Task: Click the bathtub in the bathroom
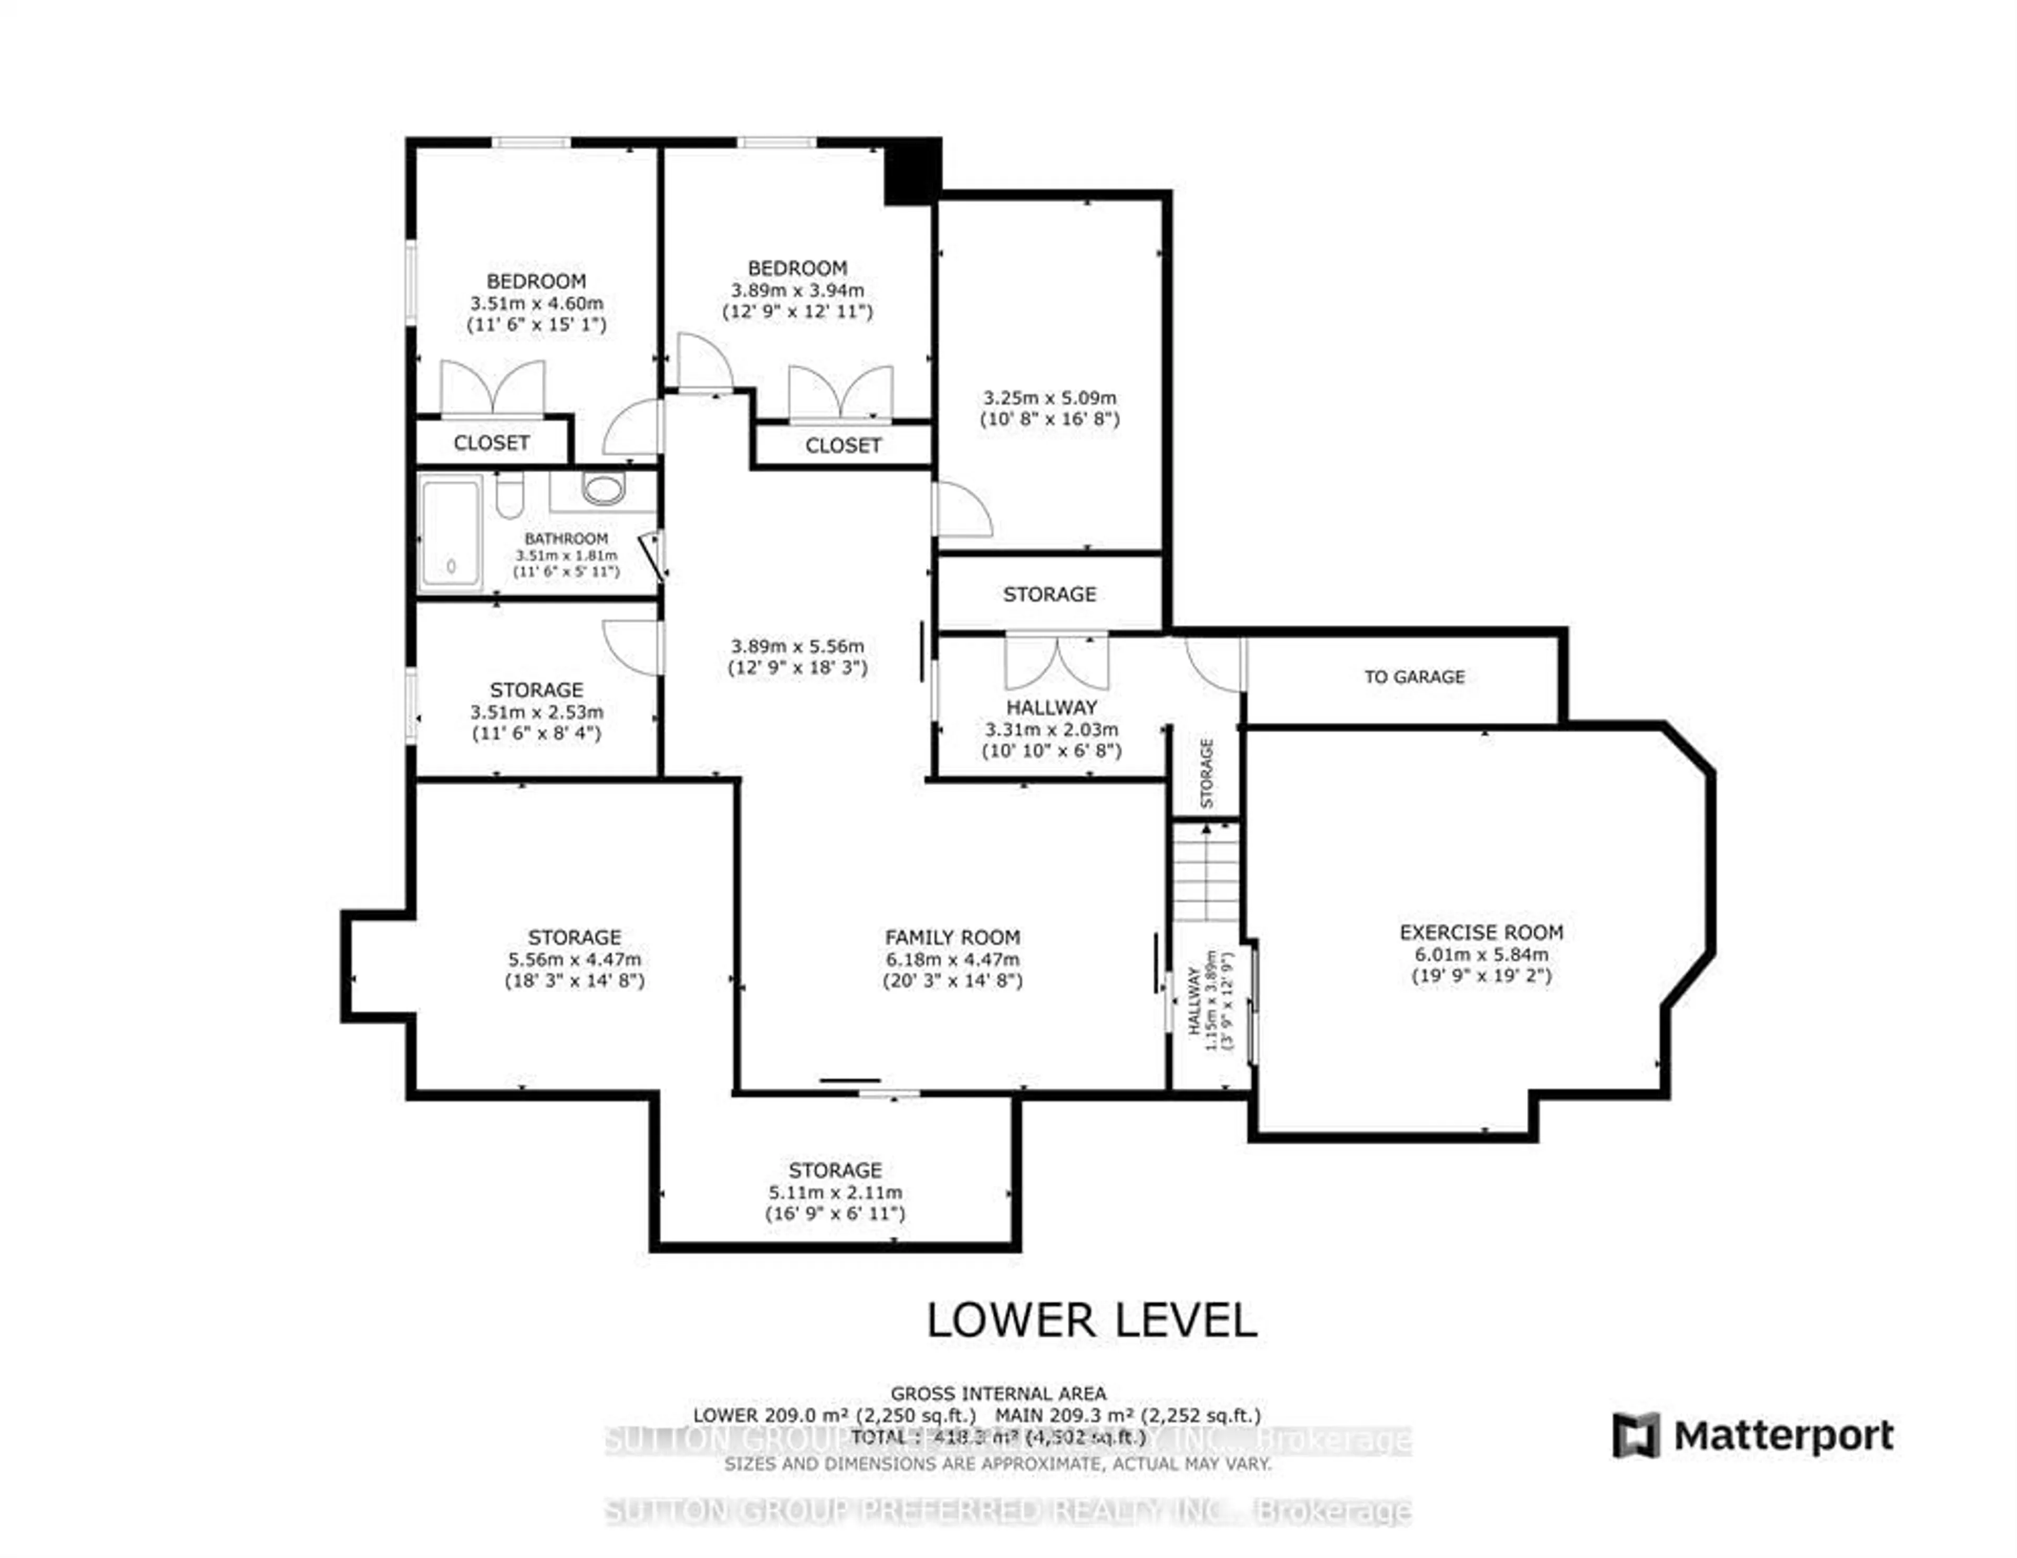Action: pyautogui.click(x=451, y=532)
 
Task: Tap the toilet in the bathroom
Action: pyautogui.click(x=509, y=496)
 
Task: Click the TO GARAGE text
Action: pyautogui.click(x=1414, y=677)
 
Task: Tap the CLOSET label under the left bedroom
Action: pyautogui.click(x=491, y=443)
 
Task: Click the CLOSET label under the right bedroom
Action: pyautogui.click(x=843, y=446)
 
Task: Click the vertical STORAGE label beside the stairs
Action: pyautogui.click(x=1206, y=773)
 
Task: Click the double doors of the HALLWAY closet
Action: pyautogui.click(x=1056, y=662)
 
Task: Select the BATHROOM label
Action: pyautogui.click(x=566, y=538)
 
